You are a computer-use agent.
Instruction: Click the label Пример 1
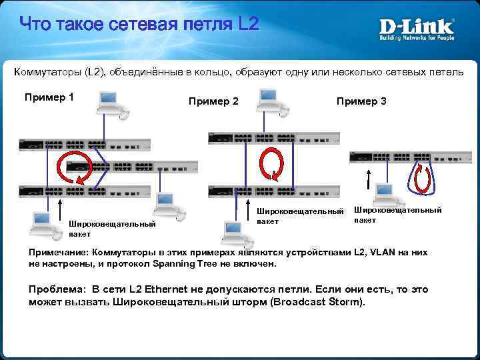click(x=49, y=97)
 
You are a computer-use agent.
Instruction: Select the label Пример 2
click(x=213, y=101)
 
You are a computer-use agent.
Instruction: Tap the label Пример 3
click(x=361, y=101)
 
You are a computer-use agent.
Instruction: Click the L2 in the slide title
click(x=247, y=26)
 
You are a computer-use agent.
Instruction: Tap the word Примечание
click(x=59, y=253)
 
